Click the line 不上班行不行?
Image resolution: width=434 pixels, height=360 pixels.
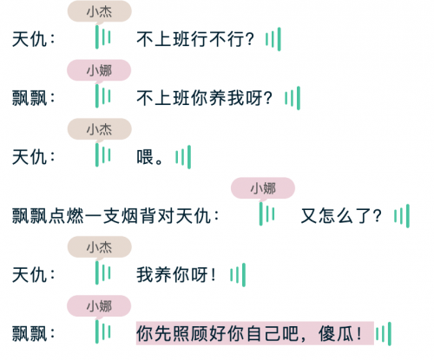[195, 39]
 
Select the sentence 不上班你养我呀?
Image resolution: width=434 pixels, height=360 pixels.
[204, 98]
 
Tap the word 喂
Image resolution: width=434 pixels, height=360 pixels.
[145, 157]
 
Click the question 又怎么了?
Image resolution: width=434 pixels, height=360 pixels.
[341, 216]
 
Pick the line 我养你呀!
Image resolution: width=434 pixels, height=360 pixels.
[176, 275]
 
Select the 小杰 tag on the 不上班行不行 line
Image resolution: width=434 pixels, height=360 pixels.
[100, 11]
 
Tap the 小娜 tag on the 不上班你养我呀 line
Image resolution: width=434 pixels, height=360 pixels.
[99, 70]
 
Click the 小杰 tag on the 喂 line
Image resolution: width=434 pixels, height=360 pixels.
[100, 129]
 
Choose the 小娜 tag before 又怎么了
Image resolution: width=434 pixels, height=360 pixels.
[263, 188]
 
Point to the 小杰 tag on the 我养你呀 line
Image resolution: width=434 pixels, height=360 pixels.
[100, 247]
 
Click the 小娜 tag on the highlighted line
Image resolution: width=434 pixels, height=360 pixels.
[99, 306]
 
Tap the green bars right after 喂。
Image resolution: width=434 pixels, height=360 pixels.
[183, 157]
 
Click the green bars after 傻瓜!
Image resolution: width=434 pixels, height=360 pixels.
[384, 334]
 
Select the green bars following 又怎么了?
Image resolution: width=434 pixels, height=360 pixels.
[402, 216]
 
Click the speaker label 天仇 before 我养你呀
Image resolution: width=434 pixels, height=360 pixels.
[30, 275]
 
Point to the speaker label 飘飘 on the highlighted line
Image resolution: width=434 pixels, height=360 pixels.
[30, 334]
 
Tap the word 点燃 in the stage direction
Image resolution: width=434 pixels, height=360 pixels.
[66, 216]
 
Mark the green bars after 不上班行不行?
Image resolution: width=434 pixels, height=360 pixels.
[273, 39]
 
